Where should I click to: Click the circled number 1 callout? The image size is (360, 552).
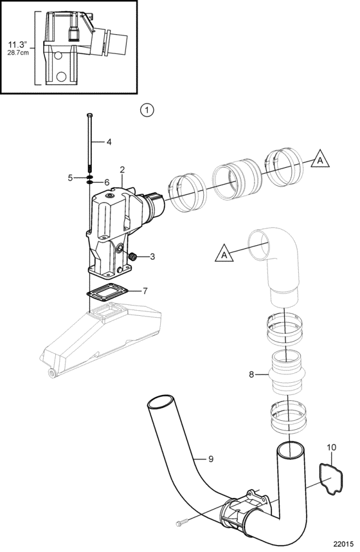point(147,110)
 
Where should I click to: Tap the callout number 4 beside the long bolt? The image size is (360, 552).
point(109,142)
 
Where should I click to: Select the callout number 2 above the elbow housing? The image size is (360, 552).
point(122,169)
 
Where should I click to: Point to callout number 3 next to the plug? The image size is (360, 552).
point(152,257)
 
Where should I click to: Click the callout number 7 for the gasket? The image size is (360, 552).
point(145,291)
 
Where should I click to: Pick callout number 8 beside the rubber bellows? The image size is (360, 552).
point(251,374)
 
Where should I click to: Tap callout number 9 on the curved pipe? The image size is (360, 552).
point(211,459)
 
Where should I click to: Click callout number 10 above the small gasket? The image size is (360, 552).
point(332,447)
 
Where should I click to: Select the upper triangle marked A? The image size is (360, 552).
point(319,159)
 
